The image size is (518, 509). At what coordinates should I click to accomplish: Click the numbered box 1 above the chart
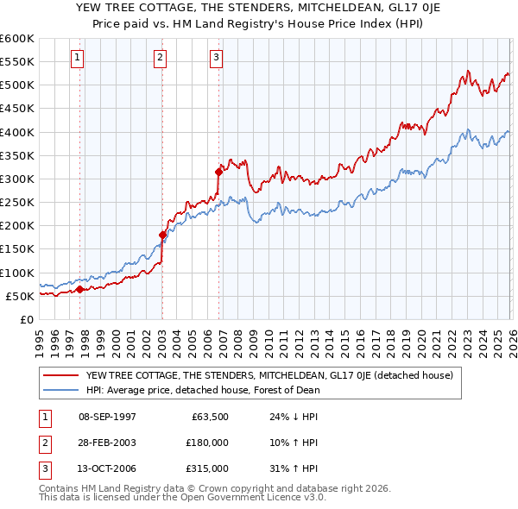[78, 58]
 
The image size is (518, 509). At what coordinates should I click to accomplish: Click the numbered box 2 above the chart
[161, 58]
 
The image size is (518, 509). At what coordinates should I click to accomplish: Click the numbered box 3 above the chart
[216, 58]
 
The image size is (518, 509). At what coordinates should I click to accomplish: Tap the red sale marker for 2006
[218, 172]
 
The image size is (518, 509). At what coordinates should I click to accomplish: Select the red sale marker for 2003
[162, 235]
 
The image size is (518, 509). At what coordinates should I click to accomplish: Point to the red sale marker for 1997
[79, 290]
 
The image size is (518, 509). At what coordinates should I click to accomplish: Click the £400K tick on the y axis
[16, 132]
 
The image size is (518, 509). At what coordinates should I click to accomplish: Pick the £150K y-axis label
[16, 249]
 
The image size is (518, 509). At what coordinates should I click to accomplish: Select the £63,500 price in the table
[209, 416]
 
